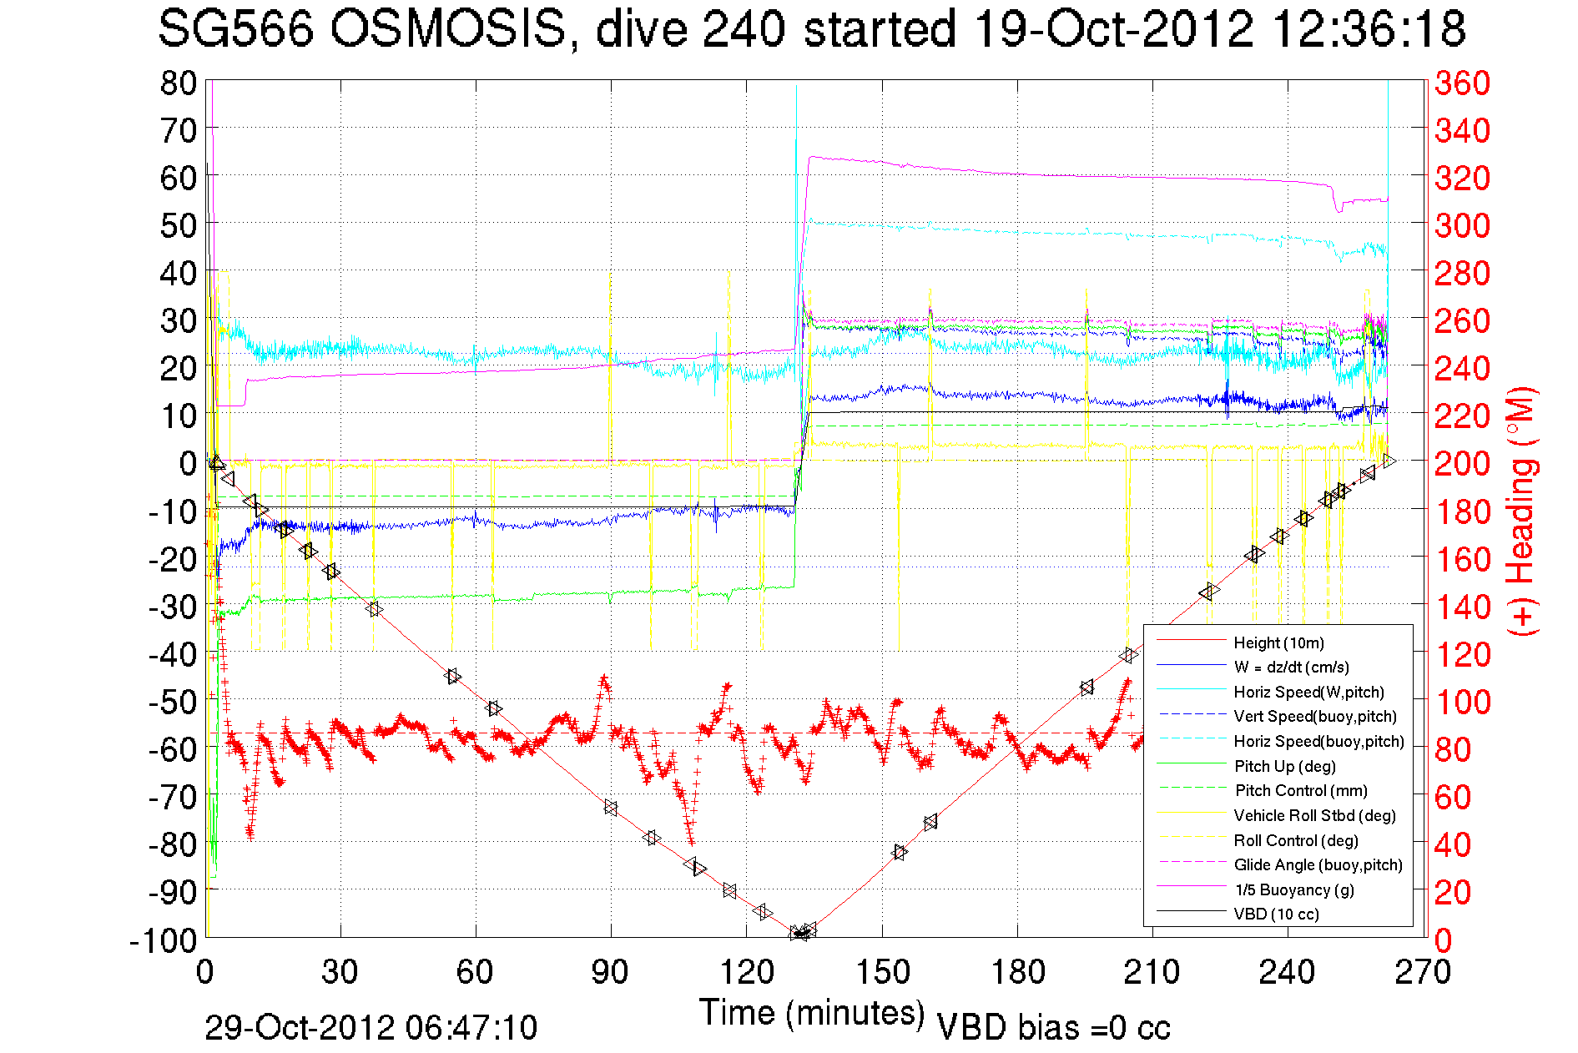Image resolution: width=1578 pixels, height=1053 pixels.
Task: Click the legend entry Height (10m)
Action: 1278,642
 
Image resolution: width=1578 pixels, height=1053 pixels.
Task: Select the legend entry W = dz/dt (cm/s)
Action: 1291,667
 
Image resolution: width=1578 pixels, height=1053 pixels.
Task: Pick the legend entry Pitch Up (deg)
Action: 1284,766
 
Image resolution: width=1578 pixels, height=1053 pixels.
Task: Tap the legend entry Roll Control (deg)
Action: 1295,840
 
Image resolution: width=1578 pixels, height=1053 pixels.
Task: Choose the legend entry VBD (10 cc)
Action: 1276,914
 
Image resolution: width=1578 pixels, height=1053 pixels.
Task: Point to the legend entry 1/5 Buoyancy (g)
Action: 1293,889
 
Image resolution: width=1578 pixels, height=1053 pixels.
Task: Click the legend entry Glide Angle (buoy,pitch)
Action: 1318,864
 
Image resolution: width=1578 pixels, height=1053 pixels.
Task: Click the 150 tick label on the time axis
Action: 882,972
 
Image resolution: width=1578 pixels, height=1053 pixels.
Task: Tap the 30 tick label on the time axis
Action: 340,972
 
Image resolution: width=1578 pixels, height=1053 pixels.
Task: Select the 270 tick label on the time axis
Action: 1423,972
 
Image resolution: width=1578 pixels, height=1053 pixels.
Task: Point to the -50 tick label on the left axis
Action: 172,701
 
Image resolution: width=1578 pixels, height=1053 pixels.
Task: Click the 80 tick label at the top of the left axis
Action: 178,83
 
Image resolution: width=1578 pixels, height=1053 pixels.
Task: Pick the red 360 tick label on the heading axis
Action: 1462,83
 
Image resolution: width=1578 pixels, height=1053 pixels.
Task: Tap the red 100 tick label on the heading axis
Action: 1462,702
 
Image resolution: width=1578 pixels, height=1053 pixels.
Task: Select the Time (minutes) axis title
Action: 812,1012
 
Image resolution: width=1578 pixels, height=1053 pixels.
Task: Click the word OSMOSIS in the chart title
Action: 446,29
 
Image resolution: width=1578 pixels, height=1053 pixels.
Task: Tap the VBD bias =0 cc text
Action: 1053,1027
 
